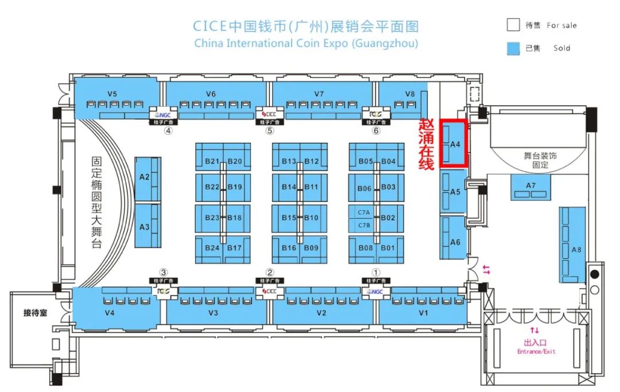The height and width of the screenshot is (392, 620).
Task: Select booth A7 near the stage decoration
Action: [x=530, y=185]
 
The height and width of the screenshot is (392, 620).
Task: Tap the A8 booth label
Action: [x=576, y=249]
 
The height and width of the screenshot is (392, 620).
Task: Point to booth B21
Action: [x=212, y=161]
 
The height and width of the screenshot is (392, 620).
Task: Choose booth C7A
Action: [x=364, y=212]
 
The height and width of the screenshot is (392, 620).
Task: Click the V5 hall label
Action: [x=113, y=94]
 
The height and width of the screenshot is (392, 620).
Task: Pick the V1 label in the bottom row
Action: [x=424, y=313]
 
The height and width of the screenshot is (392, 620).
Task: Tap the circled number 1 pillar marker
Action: [x=377, y=272]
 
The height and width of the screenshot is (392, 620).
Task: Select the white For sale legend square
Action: [x=513, y=25]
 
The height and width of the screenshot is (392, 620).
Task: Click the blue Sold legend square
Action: [x=513, y=48]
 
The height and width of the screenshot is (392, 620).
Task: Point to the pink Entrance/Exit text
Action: [x=536, y=351]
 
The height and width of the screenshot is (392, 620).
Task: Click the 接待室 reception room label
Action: [x=35, y=313]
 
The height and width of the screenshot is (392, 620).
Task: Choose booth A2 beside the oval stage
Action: [x=145, y=177]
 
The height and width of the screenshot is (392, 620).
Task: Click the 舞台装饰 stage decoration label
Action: [x=540, y=156]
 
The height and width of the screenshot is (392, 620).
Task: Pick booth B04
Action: [x=389, y=161]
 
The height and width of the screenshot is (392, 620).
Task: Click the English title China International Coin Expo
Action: [x=306, y=43]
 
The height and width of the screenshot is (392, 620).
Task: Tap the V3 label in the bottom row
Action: [x=213, y=313]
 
